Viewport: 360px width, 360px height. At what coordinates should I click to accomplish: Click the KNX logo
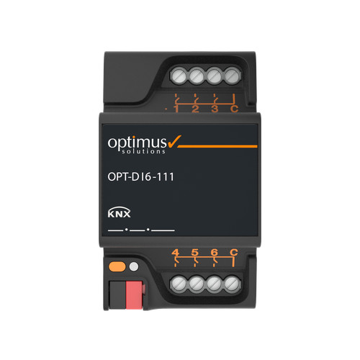click(119, 212)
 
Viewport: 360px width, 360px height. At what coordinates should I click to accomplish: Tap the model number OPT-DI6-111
click(140, 177)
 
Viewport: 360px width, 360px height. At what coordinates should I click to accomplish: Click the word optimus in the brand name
click(137, 143)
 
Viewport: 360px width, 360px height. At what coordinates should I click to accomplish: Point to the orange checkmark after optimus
click(174, 141)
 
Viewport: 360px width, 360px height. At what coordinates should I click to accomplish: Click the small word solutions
click(143, 151)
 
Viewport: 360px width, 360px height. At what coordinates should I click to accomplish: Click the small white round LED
click(134, 266)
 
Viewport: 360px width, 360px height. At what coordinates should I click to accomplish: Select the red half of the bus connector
click(134, 295)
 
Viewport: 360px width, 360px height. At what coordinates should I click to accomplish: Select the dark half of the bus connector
click(117, 295)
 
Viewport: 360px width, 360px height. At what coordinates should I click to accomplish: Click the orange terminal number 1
click(176, 109)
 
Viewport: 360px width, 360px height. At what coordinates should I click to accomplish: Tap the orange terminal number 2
click(195, 109)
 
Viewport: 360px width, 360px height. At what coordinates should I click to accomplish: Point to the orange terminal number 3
click(215, 109)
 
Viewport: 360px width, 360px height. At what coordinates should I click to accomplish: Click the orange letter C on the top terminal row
click(234, 109)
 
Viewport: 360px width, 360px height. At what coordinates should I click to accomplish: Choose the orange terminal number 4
click(176, 252)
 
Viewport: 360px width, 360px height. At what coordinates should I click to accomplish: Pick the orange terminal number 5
click(195, 252)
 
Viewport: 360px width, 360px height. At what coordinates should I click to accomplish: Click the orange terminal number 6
click(214, 252)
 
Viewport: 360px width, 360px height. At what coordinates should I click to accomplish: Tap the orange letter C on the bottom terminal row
click(233, 252)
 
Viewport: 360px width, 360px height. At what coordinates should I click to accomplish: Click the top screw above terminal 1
click(179, 76)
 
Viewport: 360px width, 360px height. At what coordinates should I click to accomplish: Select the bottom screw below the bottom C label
click(232, 284)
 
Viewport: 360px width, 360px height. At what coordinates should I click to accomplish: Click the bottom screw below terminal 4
click(179, 284)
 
